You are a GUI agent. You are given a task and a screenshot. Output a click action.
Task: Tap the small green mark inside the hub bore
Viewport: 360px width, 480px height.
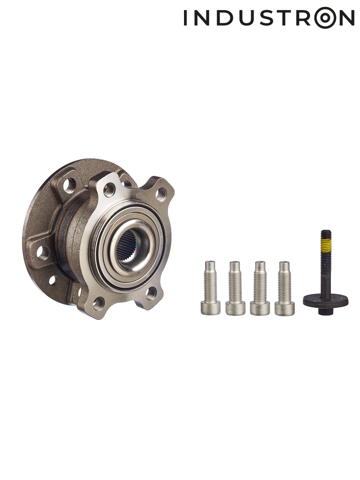pos(136,244)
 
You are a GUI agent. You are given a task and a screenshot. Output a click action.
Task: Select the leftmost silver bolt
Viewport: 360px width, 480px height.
pos(210,288)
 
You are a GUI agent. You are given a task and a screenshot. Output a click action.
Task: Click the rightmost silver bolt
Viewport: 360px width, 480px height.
pos(284,288)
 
